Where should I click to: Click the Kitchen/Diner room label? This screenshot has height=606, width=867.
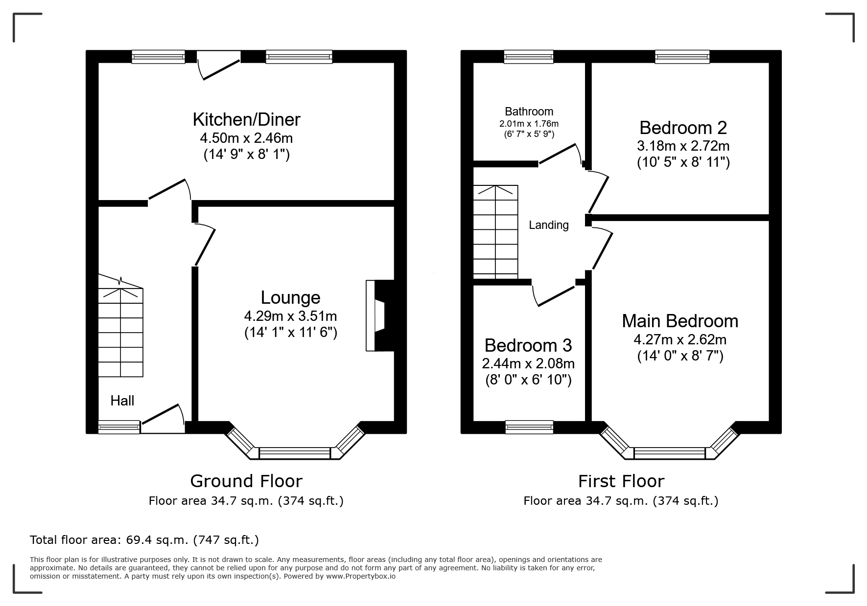coord(246,119)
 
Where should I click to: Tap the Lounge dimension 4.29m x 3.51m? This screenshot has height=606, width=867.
coord(290,316)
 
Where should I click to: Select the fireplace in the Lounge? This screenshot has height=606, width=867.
coord(380,315)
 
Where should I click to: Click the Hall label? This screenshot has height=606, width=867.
coord(122,401)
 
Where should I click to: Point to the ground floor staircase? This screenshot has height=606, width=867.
coord(121,326)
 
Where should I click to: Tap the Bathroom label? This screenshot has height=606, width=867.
coord(529,112)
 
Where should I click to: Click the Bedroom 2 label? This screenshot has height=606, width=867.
coord(683,128)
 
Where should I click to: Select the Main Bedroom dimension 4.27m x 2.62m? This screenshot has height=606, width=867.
coord(680,339)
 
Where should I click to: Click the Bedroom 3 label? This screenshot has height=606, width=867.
coord(528,345)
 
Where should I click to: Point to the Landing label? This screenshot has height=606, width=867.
coord(549,225)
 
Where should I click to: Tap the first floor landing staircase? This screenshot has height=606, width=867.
coord(495,232)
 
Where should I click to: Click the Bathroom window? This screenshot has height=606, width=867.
coord(529,57)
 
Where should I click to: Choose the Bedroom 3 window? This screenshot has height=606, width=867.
coord(529,427)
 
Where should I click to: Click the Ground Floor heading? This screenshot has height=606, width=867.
coord(246,481)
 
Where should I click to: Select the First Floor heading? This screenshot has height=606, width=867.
coord(621,481)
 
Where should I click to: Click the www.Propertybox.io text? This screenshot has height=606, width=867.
coord(361,576)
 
